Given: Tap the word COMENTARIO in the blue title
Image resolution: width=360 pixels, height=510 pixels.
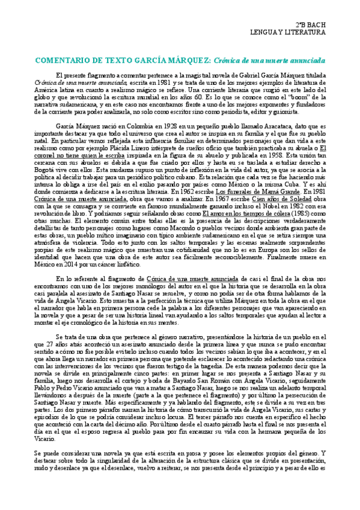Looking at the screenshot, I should [x=67, y=61].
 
